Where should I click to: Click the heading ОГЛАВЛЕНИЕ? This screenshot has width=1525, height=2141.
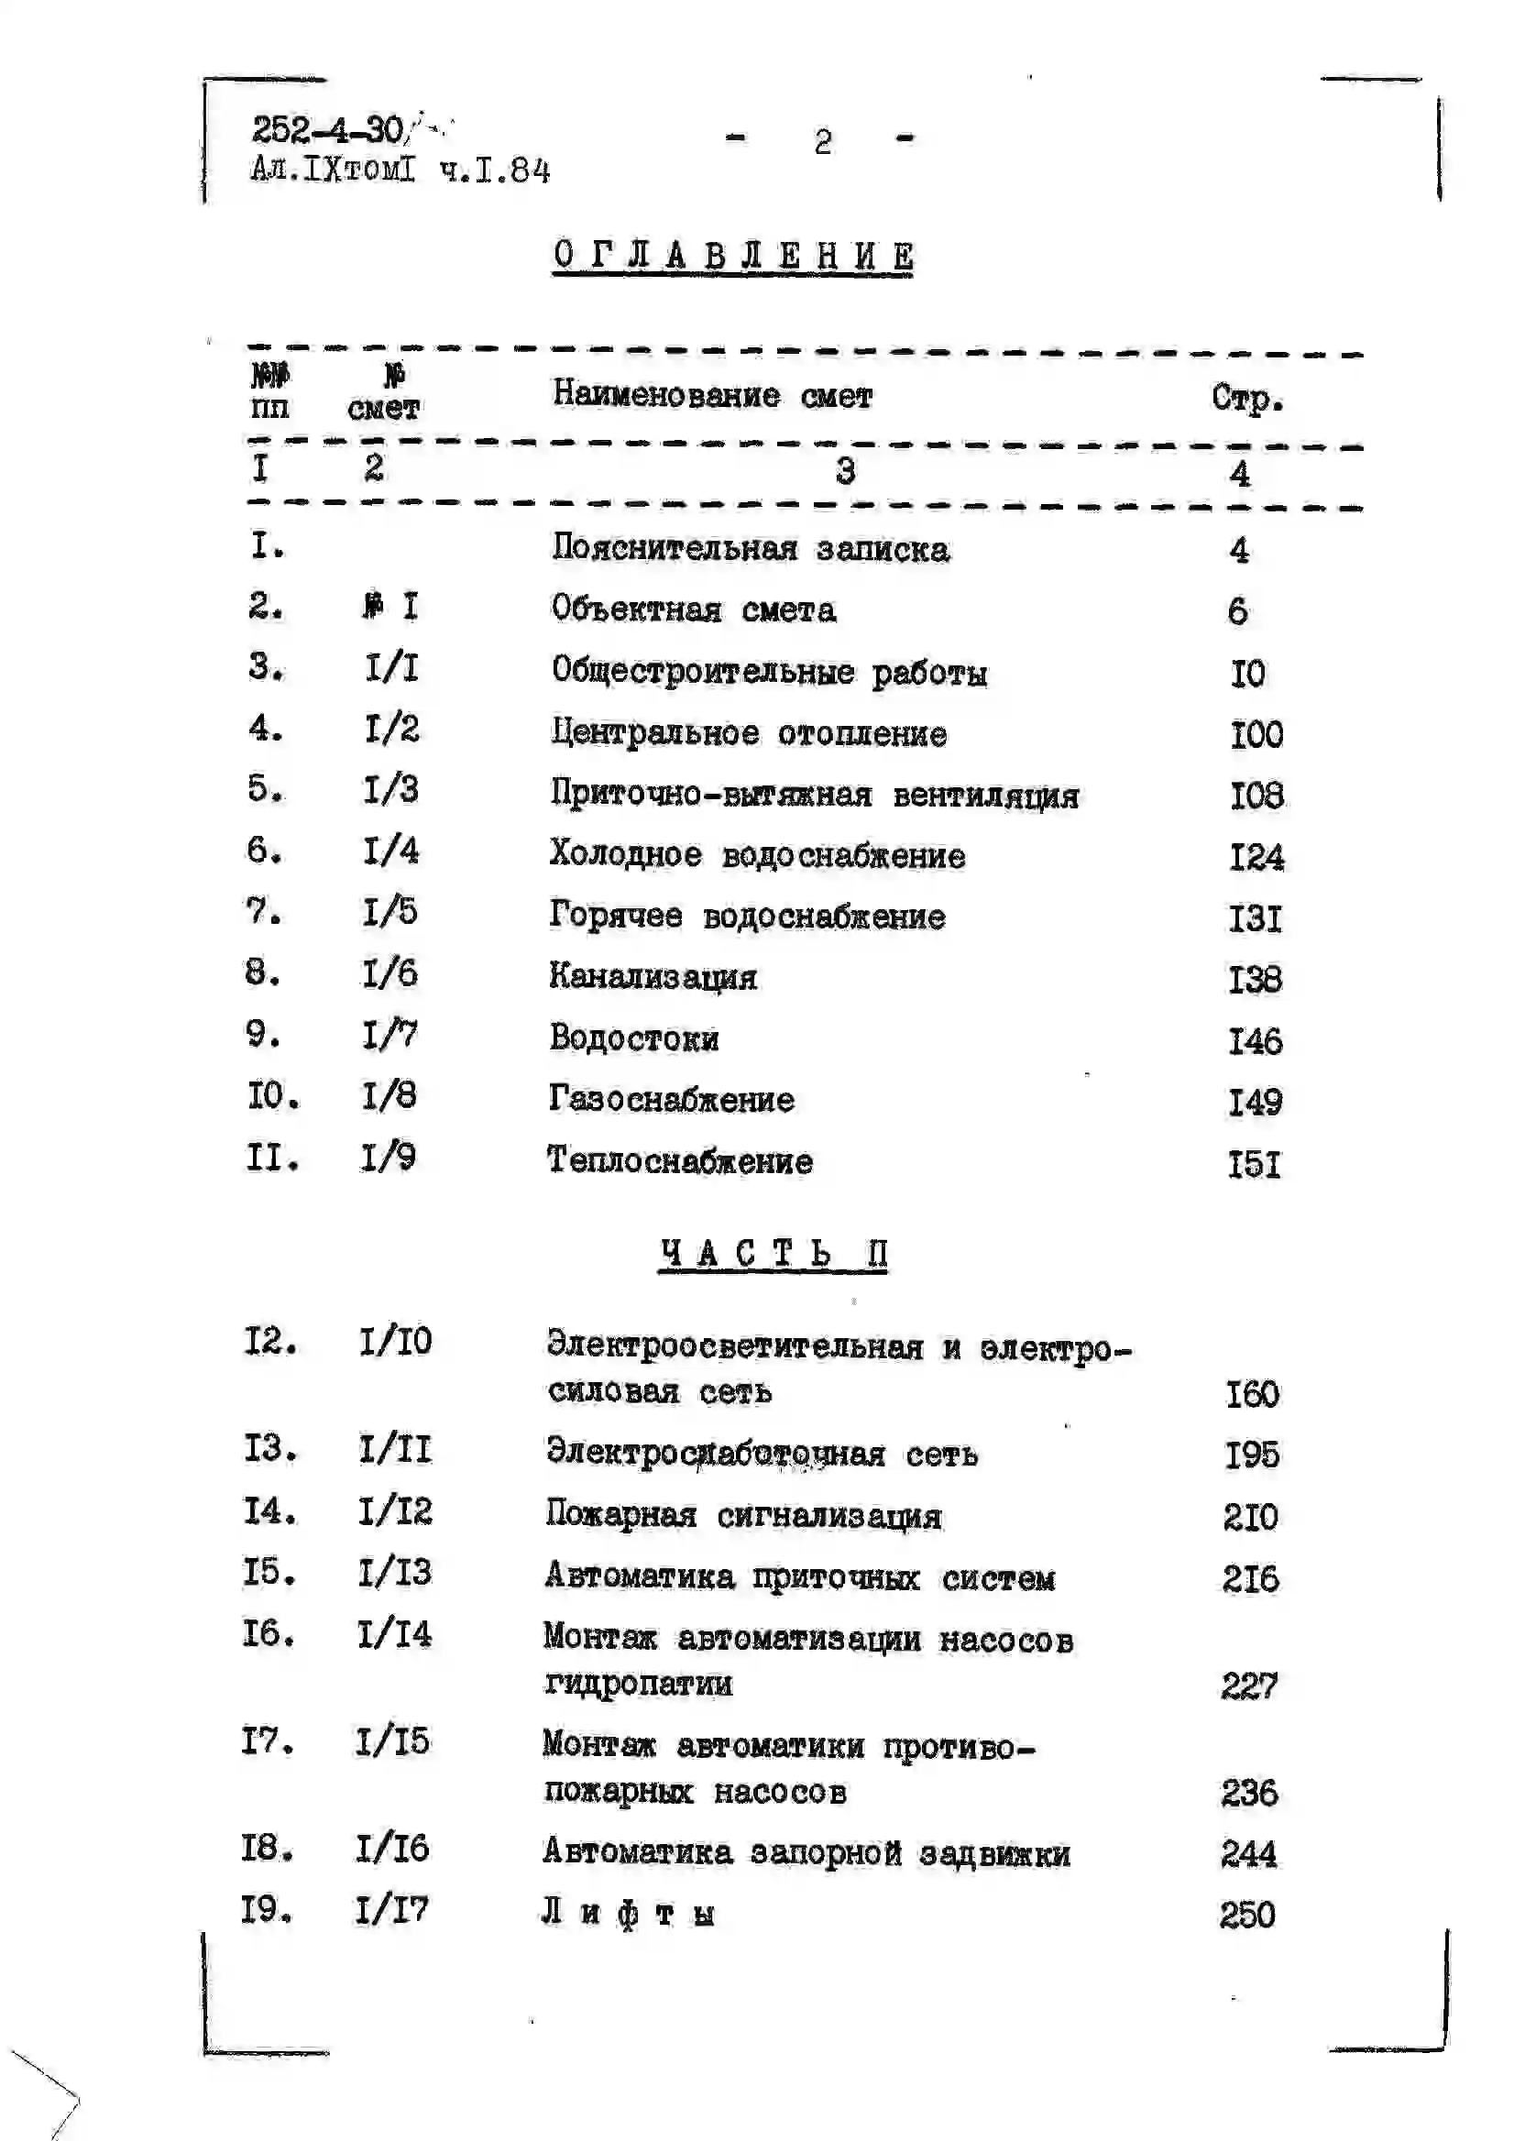(732, 256)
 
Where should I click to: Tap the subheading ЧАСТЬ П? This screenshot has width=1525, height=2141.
(772, 1254)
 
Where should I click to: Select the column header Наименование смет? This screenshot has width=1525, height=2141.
(712, 395)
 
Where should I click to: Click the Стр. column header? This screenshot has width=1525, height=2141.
(1246, 398)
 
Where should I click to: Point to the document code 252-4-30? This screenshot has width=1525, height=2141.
(327, 129)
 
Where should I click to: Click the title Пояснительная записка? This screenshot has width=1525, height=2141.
(750, 548)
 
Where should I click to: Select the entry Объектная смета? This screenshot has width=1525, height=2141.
(693, 610)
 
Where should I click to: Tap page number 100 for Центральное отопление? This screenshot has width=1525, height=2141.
(1256, 734)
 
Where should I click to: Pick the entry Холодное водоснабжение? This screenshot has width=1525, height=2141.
(757, 855)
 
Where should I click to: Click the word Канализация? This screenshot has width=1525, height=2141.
(653, 978)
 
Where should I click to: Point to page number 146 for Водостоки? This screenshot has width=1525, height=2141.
(1256, 1041)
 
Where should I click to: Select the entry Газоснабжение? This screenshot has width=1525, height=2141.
(672, 1100)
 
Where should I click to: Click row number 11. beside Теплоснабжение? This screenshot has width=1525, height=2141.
(272, 1158)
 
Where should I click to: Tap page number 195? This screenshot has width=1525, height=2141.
(1252, 1455)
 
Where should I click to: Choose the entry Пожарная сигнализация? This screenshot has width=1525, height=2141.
(742, 1516)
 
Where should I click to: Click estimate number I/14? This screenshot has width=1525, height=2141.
(393, 1635)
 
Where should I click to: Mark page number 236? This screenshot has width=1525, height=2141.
(1249, 1793)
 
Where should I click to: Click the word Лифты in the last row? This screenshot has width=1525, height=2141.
(627, 1914)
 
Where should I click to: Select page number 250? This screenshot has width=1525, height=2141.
(1247, 1915)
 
